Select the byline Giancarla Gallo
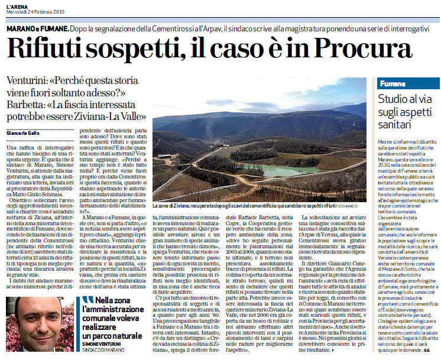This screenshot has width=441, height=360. tap(26, 134)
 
